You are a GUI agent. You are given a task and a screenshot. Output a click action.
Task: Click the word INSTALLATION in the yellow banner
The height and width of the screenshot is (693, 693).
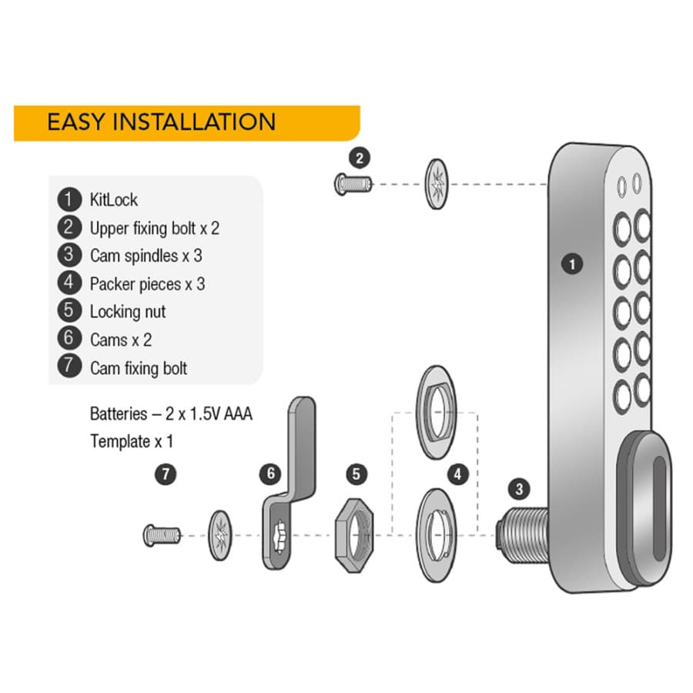[194, 122]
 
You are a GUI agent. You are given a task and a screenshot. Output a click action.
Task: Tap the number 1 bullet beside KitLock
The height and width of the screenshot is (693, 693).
[69, 199]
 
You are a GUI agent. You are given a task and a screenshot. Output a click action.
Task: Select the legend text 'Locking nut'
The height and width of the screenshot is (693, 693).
[128, 312]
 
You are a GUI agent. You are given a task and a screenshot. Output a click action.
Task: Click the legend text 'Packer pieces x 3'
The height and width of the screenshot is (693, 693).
[147, 283]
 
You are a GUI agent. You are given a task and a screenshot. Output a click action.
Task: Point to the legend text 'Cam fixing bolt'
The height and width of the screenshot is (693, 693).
[139, 368]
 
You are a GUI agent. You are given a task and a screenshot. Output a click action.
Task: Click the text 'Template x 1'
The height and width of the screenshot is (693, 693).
[131, 441]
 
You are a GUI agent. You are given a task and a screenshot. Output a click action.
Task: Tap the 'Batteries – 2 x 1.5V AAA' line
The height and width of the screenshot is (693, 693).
[171, 413]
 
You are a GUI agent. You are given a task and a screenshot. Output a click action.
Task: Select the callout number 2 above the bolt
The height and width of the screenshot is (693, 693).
[360, 158]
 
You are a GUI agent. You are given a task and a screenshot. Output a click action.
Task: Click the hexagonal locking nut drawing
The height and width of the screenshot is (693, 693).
[354, 535]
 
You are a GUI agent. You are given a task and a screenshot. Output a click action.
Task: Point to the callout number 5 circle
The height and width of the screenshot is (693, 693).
[357, 474]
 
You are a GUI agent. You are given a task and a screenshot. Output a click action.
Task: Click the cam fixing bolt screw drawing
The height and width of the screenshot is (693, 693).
[162, 535]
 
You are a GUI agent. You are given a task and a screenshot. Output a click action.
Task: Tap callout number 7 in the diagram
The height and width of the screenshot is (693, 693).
[166, 474]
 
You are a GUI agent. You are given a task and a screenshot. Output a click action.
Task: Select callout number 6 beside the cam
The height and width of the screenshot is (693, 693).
[270, 474]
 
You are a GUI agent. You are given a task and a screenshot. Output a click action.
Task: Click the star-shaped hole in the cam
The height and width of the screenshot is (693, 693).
[280, 536]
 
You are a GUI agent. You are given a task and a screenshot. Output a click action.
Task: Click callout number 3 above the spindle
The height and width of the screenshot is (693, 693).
[519, 489]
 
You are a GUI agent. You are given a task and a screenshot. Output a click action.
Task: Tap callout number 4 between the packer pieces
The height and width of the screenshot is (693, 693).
[458, 474]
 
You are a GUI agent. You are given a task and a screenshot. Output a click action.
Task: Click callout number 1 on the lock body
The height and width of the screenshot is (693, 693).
[572, 264]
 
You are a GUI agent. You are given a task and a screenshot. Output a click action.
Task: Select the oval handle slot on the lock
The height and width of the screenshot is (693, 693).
[659, 509]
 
